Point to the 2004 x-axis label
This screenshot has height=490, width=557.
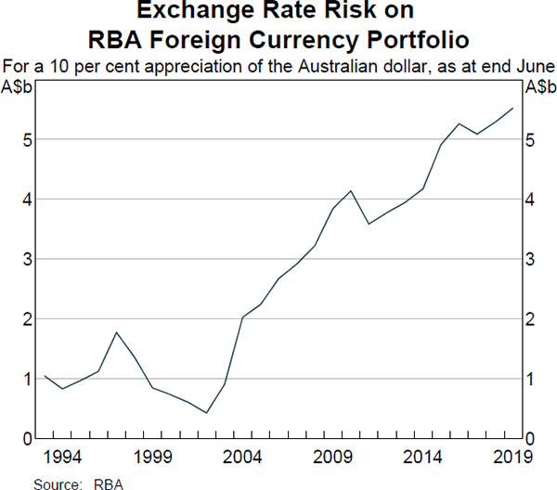tap(242, 458)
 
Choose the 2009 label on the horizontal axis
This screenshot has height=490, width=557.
tap(331, 458)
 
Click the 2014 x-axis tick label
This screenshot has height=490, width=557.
tap(421, 458)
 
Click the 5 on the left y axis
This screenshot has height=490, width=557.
tap(29, 140)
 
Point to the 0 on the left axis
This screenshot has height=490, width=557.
tap(29, 438)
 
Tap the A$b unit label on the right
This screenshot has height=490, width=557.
tap(539, 88)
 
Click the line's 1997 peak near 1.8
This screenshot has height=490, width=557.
tap(117, 332)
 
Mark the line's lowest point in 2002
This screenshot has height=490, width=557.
tap(206, 413)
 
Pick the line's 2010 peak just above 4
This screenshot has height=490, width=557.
tap(350, 191)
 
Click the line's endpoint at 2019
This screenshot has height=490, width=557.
tap(512, 109)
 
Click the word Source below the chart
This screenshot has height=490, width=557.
tap(55, 483)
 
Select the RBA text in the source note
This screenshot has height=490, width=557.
tap(110, 483)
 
